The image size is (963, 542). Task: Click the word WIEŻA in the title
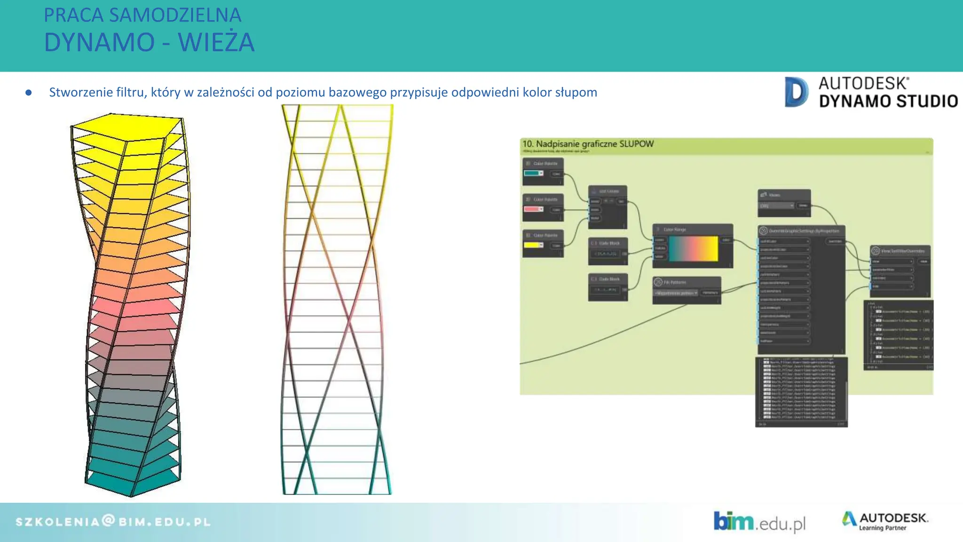pyautogui.click(x=216, y=42)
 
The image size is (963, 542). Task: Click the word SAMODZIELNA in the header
pyautogui.click(x=175, y=15)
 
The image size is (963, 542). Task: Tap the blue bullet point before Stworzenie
pyautogui.click(x=29, y=93)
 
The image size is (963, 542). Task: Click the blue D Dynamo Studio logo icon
pyautogui.click(x=796, y=92)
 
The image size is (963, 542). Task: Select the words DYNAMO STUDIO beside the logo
pyautogui.click(x=888, y=101)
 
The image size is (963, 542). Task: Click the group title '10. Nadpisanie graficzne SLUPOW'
pyautogui.click(x=588, y=144)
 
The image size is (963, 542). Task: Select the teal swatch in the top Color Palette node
pyautogui.click(x=531, y=173)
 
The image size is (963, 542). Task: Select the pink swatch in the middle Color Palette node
pyautogui.click(x=531, y=209)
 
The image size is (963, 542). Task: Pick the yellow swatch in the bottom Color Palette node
pyautogui.click(x=531, y=245)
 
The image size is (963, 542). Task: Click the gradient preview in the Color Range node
pyautogui.click(x=693, y=248)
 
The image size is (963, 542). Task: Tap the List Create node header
pyautogui.click(x=608, y=191)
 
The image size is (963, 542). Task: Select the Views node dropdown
pyautogui.click(x=776, y=206)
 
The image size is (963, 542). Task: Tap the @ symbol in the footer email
pyautogui.click(x=108, y=520)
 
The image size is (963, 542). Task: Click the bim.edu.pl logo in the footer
pyautogui.click(x=759, y=522)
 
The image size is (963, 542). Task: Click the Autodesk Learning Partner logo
pyautogui.click(x=885, y=521)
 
